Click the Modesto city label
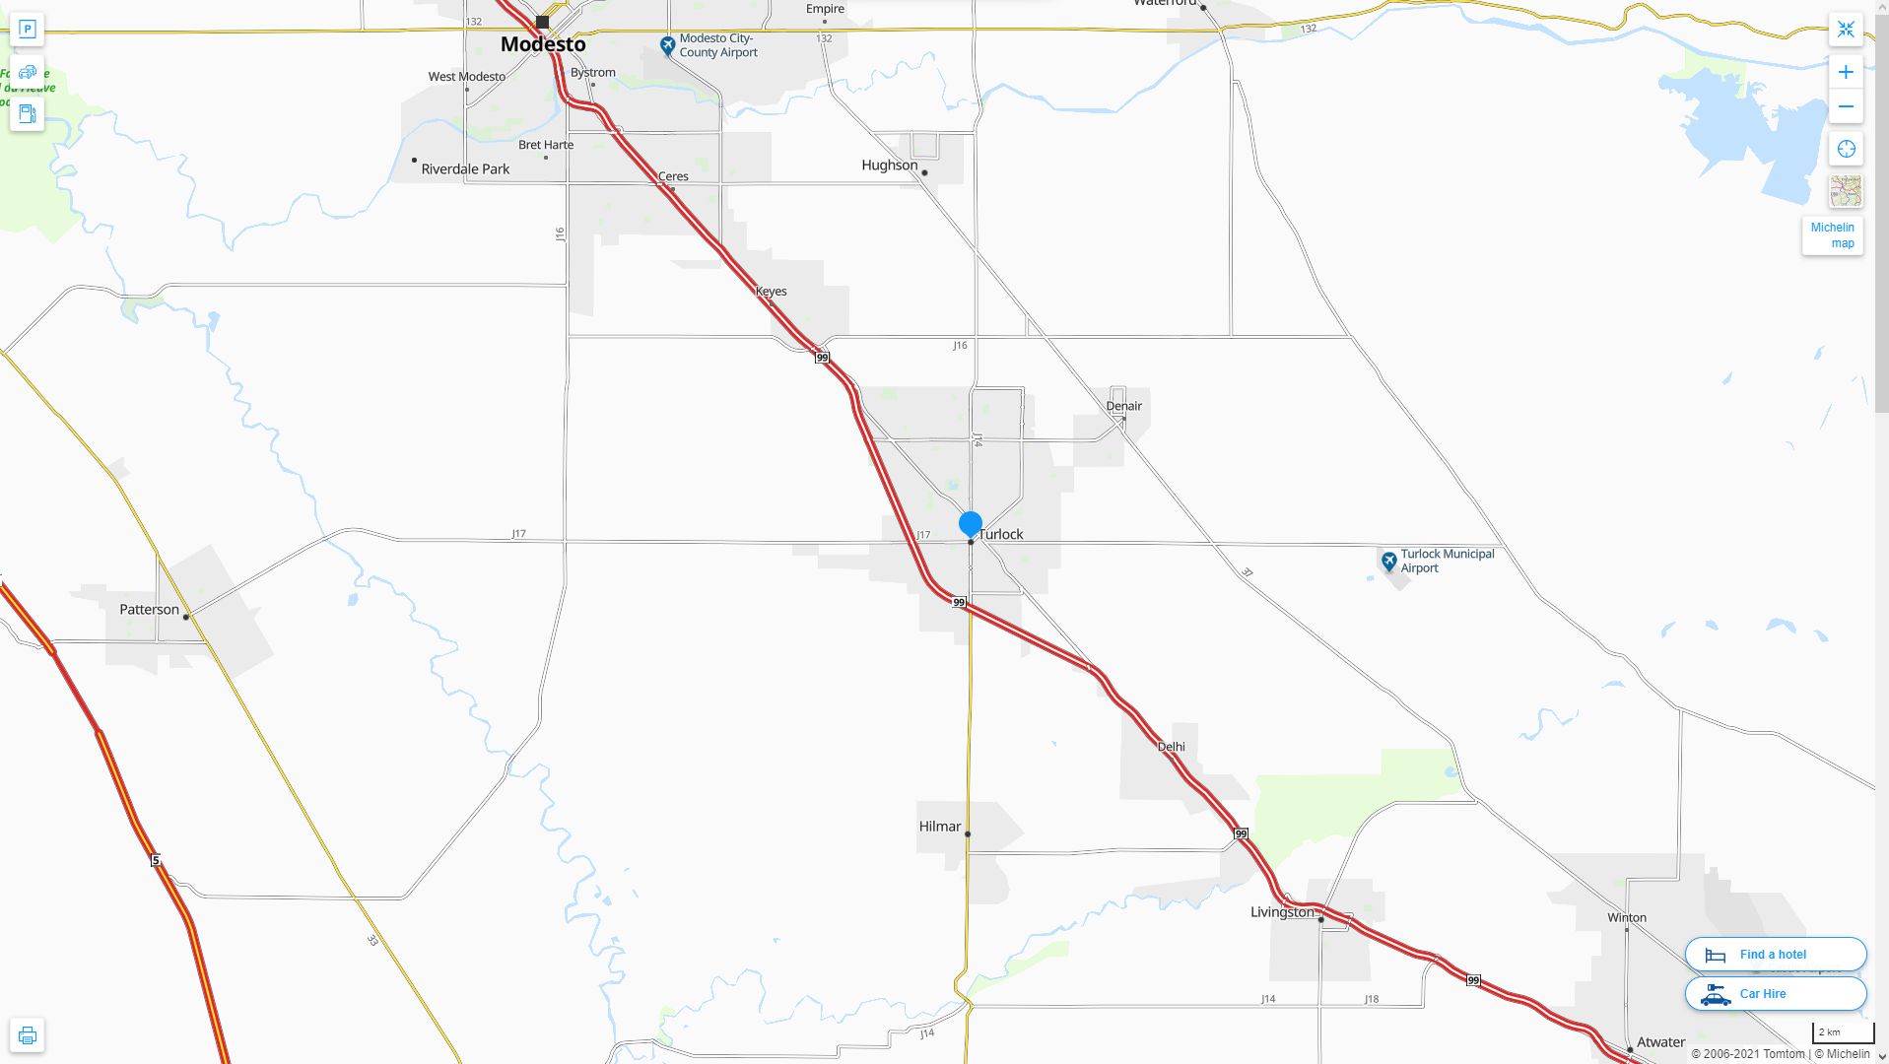pyautogui.click(x=543, y=44)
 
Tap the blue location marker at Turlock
pyautogui.click(x=971, y=523)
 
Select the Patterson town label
pyautogui.click(x=150, y=610)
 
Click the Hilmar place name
pyautogui.click(x=940, y=827)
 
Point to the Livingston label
pyautogui.click(x=1282, y=912)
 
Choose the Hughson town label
pyautogui.click(x=889, y=166)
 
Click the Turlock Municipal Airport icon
pyautogui.click(x=1388, y=562)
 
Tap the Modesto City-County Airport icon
pyautogui.click(x=667, y=45)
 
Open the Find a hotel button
pyautogui.click(x=1775, y=955)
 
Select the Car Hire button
pyautogui.click(x=1775, y=994)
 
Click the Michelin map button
pyautogui.click(x=1832, y=235)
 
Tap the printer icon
pyautogui.click(x=28, y=1035)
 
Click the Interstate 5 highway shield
pyautogui.click(x=156, y=861)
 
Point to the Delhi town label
pyautogui.click(x=1171, y=747)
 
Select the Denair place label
pyautogui.click(x=1123, y=406)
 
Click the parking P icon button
pyautogui.click(x=28, y=30)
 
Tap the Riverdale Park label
pyautogui.click(x=465, y=169)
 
